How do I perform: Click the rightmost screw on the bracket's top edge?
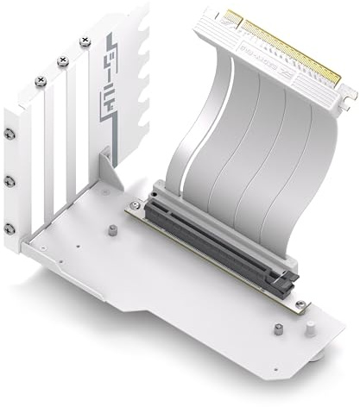pyautogui.click(x=84, y=41)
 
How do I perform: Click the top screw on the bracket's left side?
pyautogui.click(x=9, y=135)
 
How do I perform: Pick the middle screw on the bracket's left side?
pyautogui.click(x=9, y=181)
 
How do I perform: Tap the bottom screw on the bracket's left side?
pyautogui.click(x=9, y=228)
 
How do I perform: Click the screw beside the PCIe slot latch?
pyautogui.click(x=299, y=305)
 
